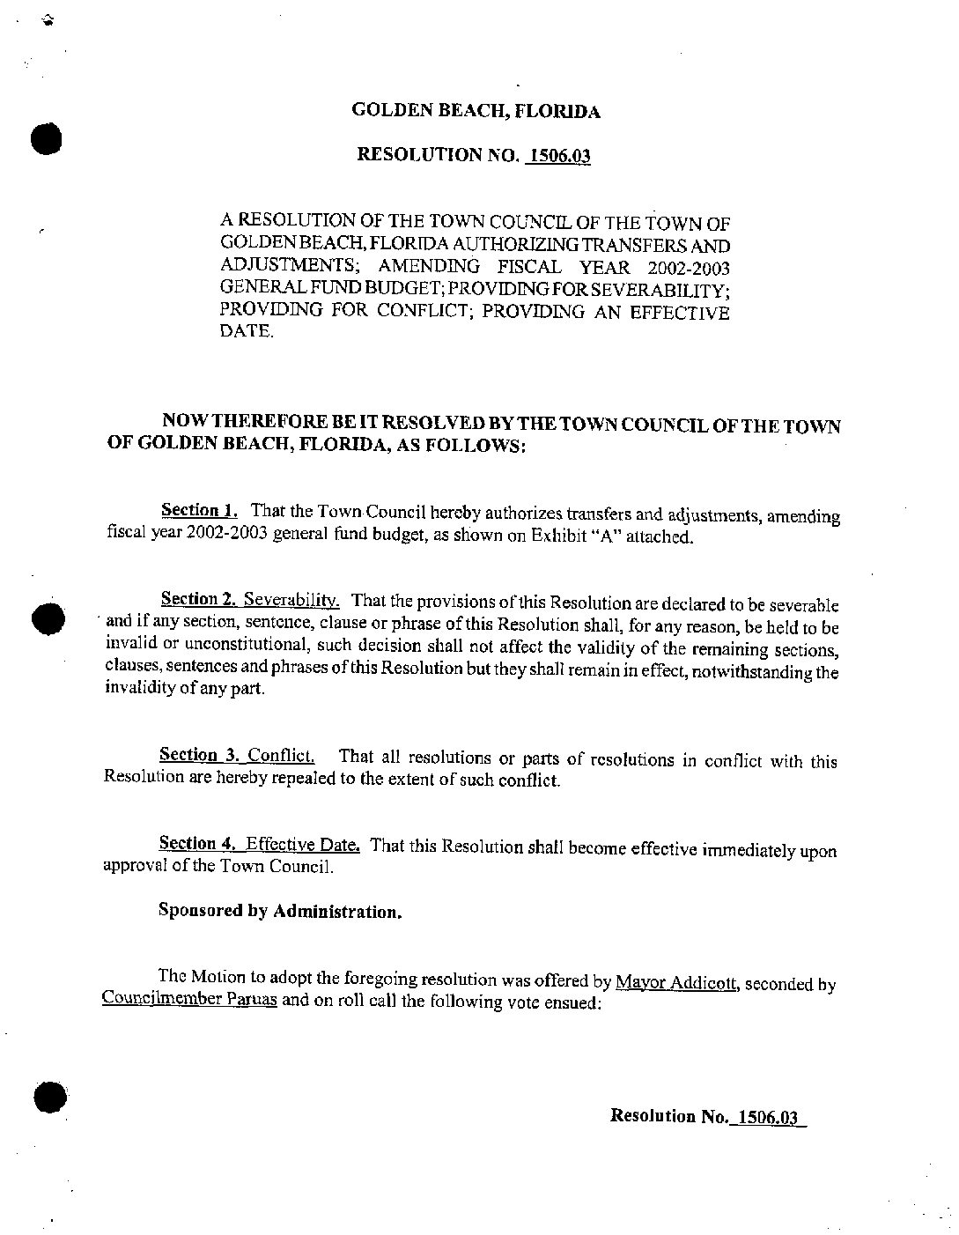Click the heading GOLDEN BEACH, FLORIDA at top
tap(476, 111)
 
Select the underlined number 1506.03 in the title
tap(558, 157)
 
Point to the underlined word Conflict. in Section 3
tap(280, 756)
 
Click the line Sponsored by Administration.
tap(280, 911)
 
